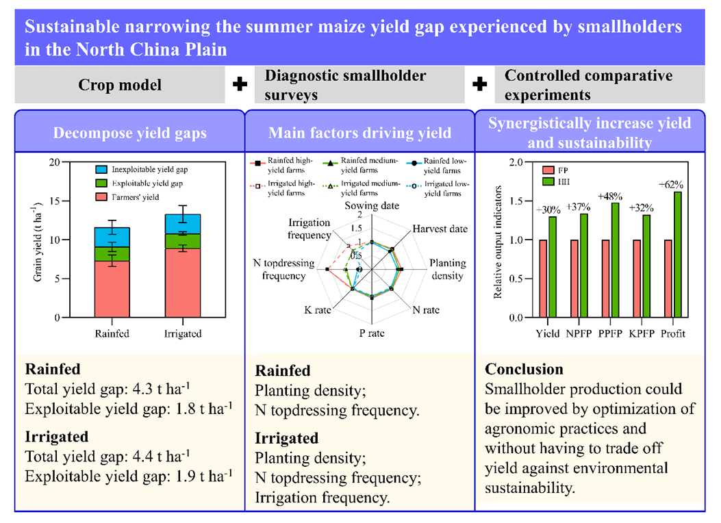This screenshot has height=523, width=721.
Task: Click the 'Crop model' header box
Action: (x=120, y=85)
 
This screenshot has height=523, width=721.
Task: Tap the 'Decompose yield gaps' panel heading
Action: (x=129, y=133)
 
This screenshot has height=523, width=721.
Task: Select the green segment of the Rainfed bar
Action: (x=112, y=254)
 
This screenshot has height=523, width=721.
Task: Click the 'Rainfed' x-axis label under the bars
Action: (x=112, y=334)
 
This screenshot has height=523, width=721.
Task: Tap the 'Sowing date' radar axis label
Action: (x=371, y=206)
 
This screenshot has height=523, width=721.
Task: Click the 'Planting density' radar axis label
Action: (x=447, y=270)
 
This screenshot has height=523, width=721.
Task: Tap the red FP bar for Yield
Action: (x=544, y=279)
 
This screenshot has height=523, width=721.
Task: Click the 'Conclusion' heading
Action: (x=524, y=370)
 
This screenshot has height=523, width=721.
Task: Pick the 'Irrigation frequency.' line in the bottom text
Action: (x=322, y=498)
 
